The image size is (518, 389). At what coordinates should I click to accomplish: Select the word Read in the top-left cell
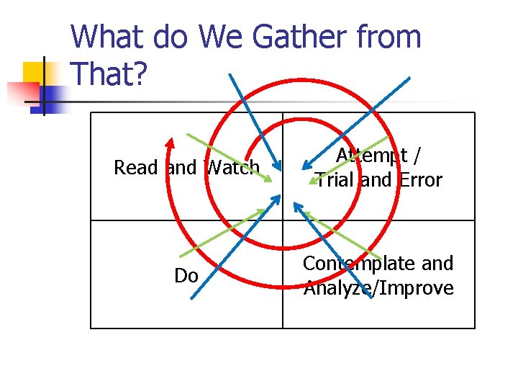[x=135, y=168]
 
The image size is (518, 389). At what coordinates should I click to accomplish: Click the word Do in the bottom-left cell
[x=186, y=276]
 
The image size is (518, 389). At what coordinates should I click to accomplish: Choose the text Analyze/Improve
[x=378, y=288]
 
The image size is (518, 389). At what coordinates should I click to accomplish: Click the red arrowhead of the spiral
[x=169, y=142]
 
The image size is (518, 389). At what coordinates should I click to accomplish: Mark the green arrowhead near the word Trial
[x=312, y=182]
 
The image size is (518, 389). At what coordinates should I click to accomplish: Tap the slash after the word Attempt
[x=419, y=155]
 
